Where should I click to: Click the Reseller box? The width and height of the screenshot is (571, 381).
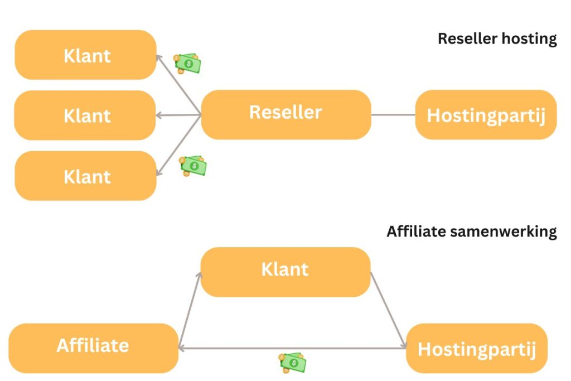(x=285, y=114)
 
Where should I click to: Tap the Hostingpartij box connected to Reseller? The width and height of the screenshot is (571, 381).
(x=486, y=114)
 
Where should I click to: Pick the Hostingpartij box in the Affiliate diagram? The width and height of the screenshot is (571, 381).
(x=477, y=348)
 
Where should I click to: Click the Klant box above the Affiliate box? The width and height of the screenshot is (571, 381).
(x=285, y=272)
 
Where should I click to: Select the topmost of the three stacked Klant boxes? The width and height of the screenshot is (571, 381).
(x=85, y=55)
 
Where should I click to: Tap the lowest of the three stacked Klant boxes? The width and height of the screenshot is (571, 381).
(x=85, y=176)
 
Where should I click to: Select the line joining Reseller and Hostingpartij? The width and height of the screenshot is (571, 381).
(x=393, y=115)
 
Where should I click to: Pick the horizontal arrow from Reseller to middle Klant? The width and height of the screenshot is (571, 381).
(x=178, y=115)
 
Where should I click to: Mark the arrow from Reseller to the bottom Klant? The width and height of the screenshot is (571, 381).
(x=178, y=146)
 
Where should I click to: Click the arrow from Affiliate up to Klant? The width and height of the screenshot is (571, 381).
(x=190, y=310)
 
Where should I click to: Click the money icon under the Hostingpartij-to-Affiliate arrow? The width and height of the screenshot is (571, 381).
(x=293, y=363)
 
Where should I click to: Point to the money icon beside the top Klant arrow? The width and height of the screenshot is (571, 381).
(x=187, y=63)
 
